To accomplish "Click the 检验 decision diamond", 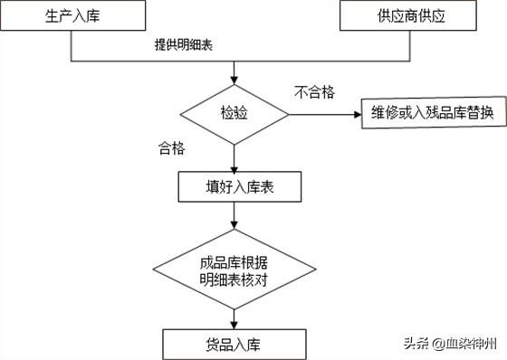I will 234,115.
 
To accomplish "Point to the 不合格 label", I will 315,91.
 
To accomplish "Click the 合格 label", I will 171,148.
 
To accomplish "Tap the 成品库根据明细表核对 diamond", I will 234,270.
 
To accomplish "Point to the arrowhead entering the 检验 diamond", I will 234,79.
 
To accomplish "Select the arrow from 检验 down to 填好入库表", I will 234,157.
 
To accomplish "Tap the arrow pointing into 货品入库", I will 234,318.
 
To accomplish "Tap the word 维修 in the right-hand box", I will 386,115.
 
